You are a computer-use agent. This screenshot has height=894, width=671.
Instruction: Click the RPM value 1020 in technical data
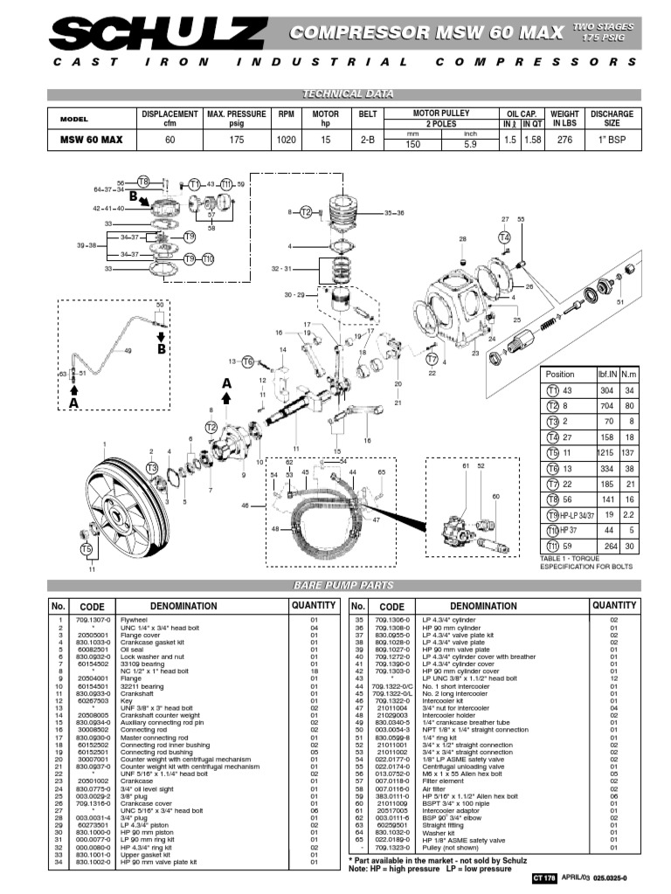(x=286, y=140)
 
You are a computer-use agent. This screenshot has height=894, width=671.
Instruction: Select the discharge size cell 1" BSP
(x=612, y=140)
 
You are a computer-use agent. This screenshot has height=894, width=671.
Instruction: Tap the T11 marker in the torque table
(x=552, y=547)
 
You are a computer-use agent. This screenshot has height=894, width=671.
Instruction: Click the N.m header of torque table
(x=629, y=374)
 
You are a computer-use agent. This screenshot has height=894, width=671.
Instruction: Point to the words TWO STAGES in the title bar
(x=603, y=27)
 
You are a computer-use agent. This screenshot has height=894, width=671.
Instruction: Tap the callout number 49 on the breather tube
(x=128, y=351)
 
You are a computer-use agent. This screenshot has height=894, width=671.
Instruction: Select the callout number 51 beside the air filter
(x=621, y=302)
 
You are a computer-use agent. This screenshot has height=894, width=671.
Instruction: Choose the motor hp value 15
(x=325, y=140)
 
